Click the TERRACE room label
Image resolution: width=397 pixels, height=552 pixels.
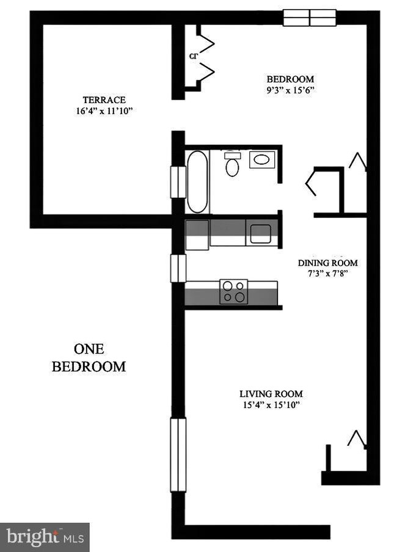coord(104,100)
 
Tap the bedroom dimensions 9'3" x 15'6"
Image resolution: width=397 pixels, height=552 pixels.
coord(290,90)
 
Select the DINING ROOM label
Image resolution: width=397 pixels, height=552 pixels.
coord(327,263)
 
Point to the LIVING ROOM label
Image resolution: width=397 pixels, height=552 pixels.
coord(271,394)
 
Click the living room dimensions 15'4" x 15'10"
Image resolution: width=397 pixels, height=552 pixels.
coord(271,405)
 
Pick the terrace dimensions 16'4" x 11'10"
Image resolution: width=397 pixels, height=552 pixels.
coord(104,111)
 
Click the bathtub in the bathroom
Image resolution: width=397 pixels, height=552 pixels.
coord(197,181)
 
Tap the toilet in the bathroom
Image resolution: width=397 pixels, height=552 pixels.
coord(232,164)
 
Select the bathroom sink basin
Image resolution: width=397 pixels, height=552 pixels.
coord(262,160)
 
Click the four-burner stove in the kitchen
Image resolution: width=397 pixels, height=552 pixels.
coord(233,291)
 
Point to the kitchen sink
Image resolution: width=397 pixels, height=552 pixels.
coord(261,234)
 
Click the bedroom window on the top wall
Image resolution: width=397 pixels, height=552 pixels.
coord(310,18)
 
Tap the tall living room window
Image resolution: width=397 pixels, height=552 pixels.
coord(178,454)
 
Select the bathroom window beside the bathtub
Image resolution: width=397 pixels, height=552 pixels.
coord(178,182)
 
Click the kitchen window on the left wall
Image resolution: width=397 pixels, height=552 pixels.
coord(178,268)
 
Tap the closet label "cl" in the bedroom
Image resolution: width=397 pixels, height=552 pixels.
coord(194,56)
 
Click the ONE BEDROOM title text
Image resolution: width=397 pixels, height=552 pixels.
coord(89,358)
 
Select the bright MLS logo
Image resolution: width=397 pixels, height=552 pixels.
coord(45,537)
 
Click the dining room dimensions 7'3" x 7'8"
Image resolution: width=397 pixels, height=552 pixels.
coord(327,274)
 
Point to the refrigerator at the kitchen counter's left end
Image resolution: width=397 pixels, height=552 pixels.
coord(197,235)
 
